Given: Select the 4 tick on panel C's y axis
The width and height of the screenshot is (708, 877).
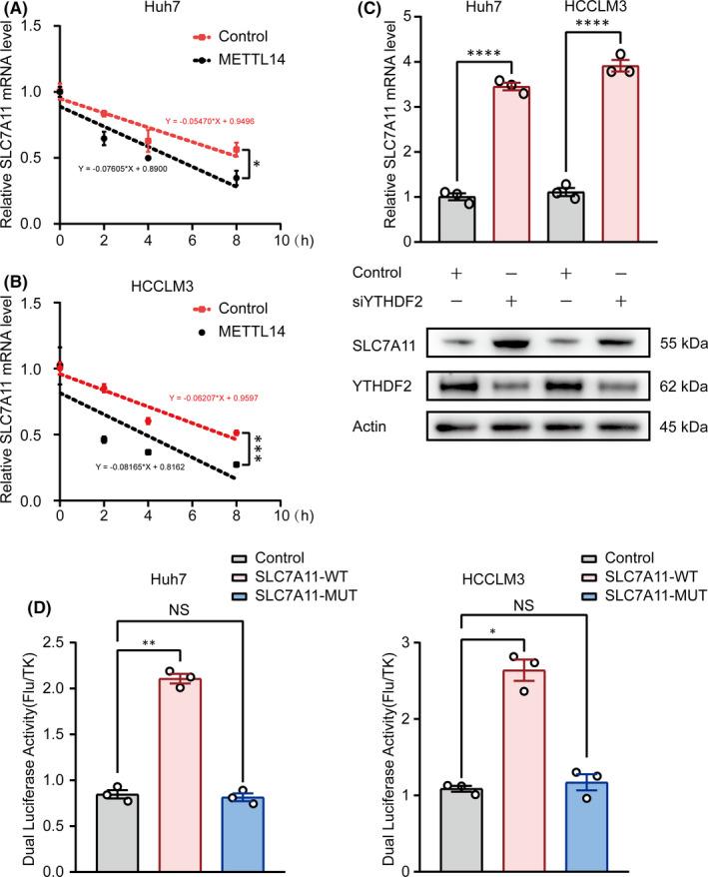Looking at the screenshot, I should [x=385, y=61].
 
